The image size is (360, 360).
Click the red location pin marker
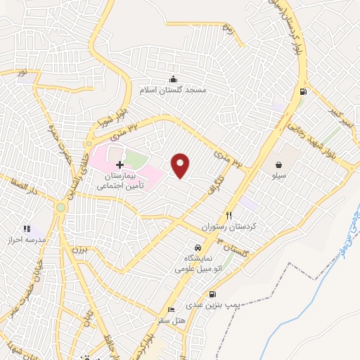pos(181,165)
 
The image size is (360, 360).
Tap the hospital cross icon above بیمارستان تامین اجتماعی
pos(119,163)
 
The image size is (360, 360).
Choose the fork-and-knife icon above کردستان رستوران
pos(229,215)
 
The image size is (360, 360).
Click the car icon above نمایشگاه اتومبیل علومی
pos(198,248)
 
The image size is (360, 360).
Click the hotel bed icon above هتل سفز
pos(170,310)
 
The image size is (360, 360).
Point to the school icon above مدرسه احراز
pos(27,229)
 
